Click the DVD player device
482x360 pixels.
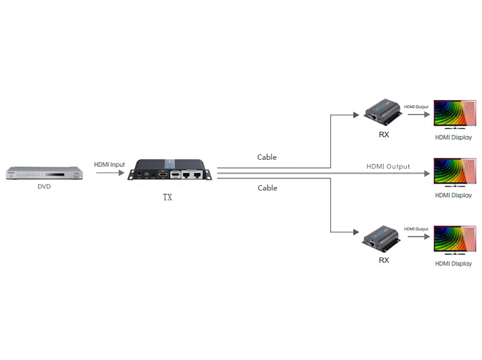pos(43,173)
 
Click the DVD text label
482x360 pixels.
pos(44,187)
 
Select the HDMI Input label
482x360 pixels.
pos(110,165)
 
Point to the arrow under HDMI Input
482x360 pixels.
pos(110,173)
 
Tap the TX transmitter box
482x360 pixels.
pos(170,170)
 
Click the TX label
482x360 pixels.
pos(167,197)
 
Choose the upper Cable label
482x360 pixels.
pos(267,157)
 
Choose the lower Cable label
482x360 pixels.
pos(267,188)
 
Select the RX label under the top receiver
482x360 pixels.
pos(384,134)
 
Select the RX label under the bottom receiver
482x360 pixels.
pos(384,260)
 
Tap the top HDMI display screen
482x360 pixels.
pos(453,114)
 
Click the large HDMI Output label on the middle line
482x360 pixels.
pos(388,166)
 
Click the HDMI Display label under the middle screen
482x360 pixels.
pos(453,195)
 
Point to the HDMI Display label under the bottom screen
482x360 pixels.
pos(453,264)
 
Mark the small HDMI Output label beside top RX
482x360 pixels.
pos(416,106)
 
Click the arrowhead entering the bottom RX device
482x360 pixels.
pos(357,232)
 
